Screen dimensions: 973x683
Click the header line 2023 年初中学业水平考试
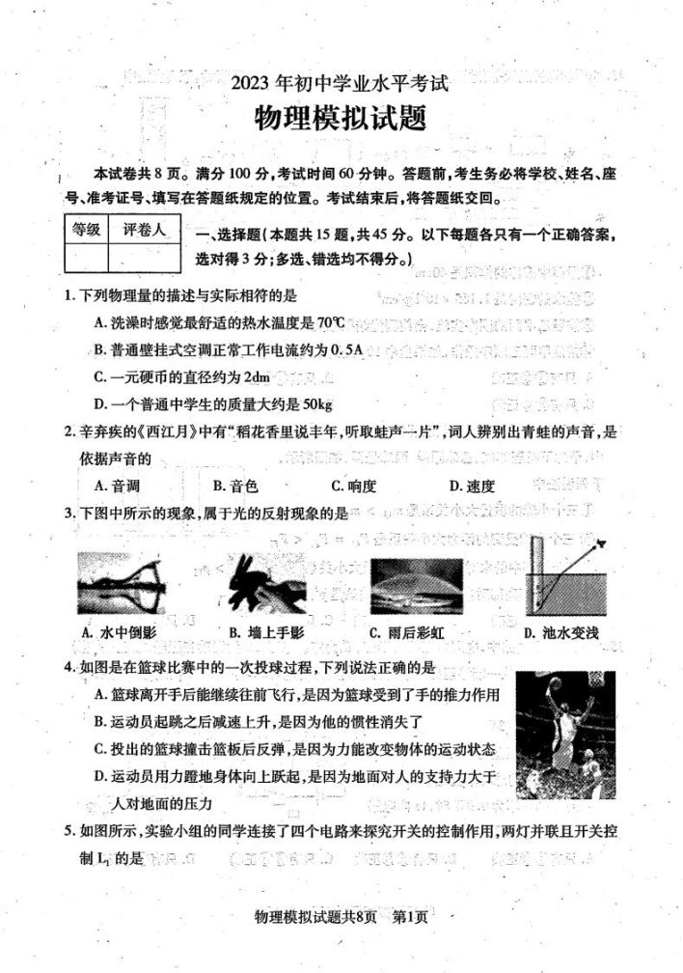[340, 83]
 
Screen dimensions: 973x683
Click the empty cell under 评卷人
[143, 258]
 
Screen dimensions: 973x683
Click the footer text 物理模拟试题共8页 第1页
[339, 944]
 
